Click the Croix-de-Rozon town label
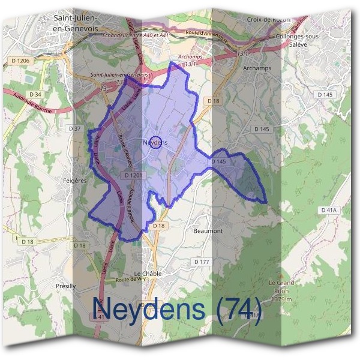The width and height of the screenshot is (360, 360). click(268, 19)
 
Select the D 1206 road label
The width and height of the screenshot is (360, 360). click(19, 61)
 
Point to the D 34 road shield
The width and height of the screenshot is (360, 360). click(35, 94)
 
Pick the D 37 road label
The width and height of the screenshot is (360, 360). click(75, 129)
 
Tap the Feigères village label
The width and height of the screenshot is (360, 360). click(75, 180)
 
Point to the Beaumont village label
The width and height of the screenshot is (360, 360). click(208, 230)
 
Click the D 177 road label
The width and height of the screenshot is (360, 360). click(201, 262)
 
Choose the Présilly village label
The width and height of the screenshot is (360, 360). click(65, 286)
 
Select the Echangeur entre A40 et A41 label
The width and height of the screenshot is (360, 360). click(136, 34)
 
